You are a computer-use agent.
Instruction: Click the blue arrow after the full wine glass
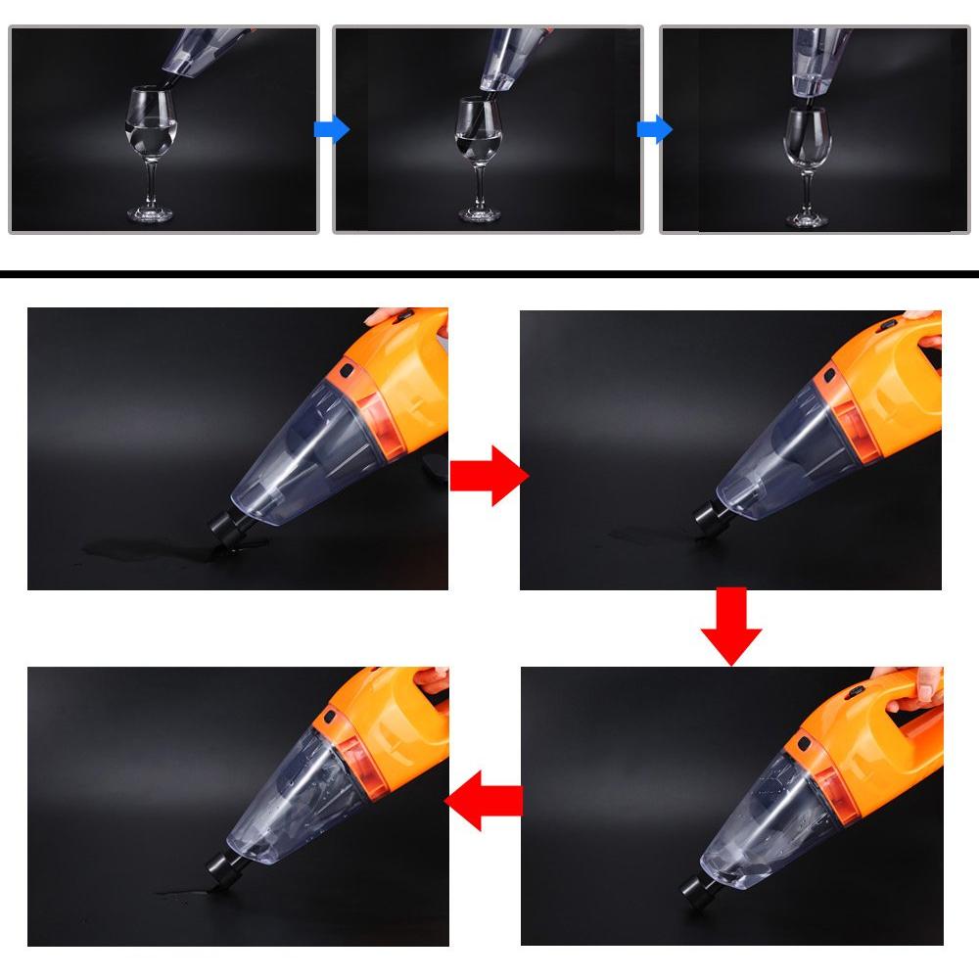(331, 129)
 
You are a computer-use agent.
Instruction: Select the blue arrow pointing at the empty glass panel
(654, 129)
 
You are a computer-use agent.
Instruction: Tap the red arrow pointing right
(488, 475)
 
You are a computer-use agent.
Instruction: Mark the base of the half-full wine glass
(480, 212)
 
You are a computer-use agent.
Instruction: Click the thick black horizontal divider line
(489, 274)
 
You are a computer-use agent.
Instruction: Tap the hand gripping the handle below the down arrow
(910, 690)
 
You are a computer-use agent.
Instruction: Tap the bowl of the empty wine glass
(809, 137)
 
